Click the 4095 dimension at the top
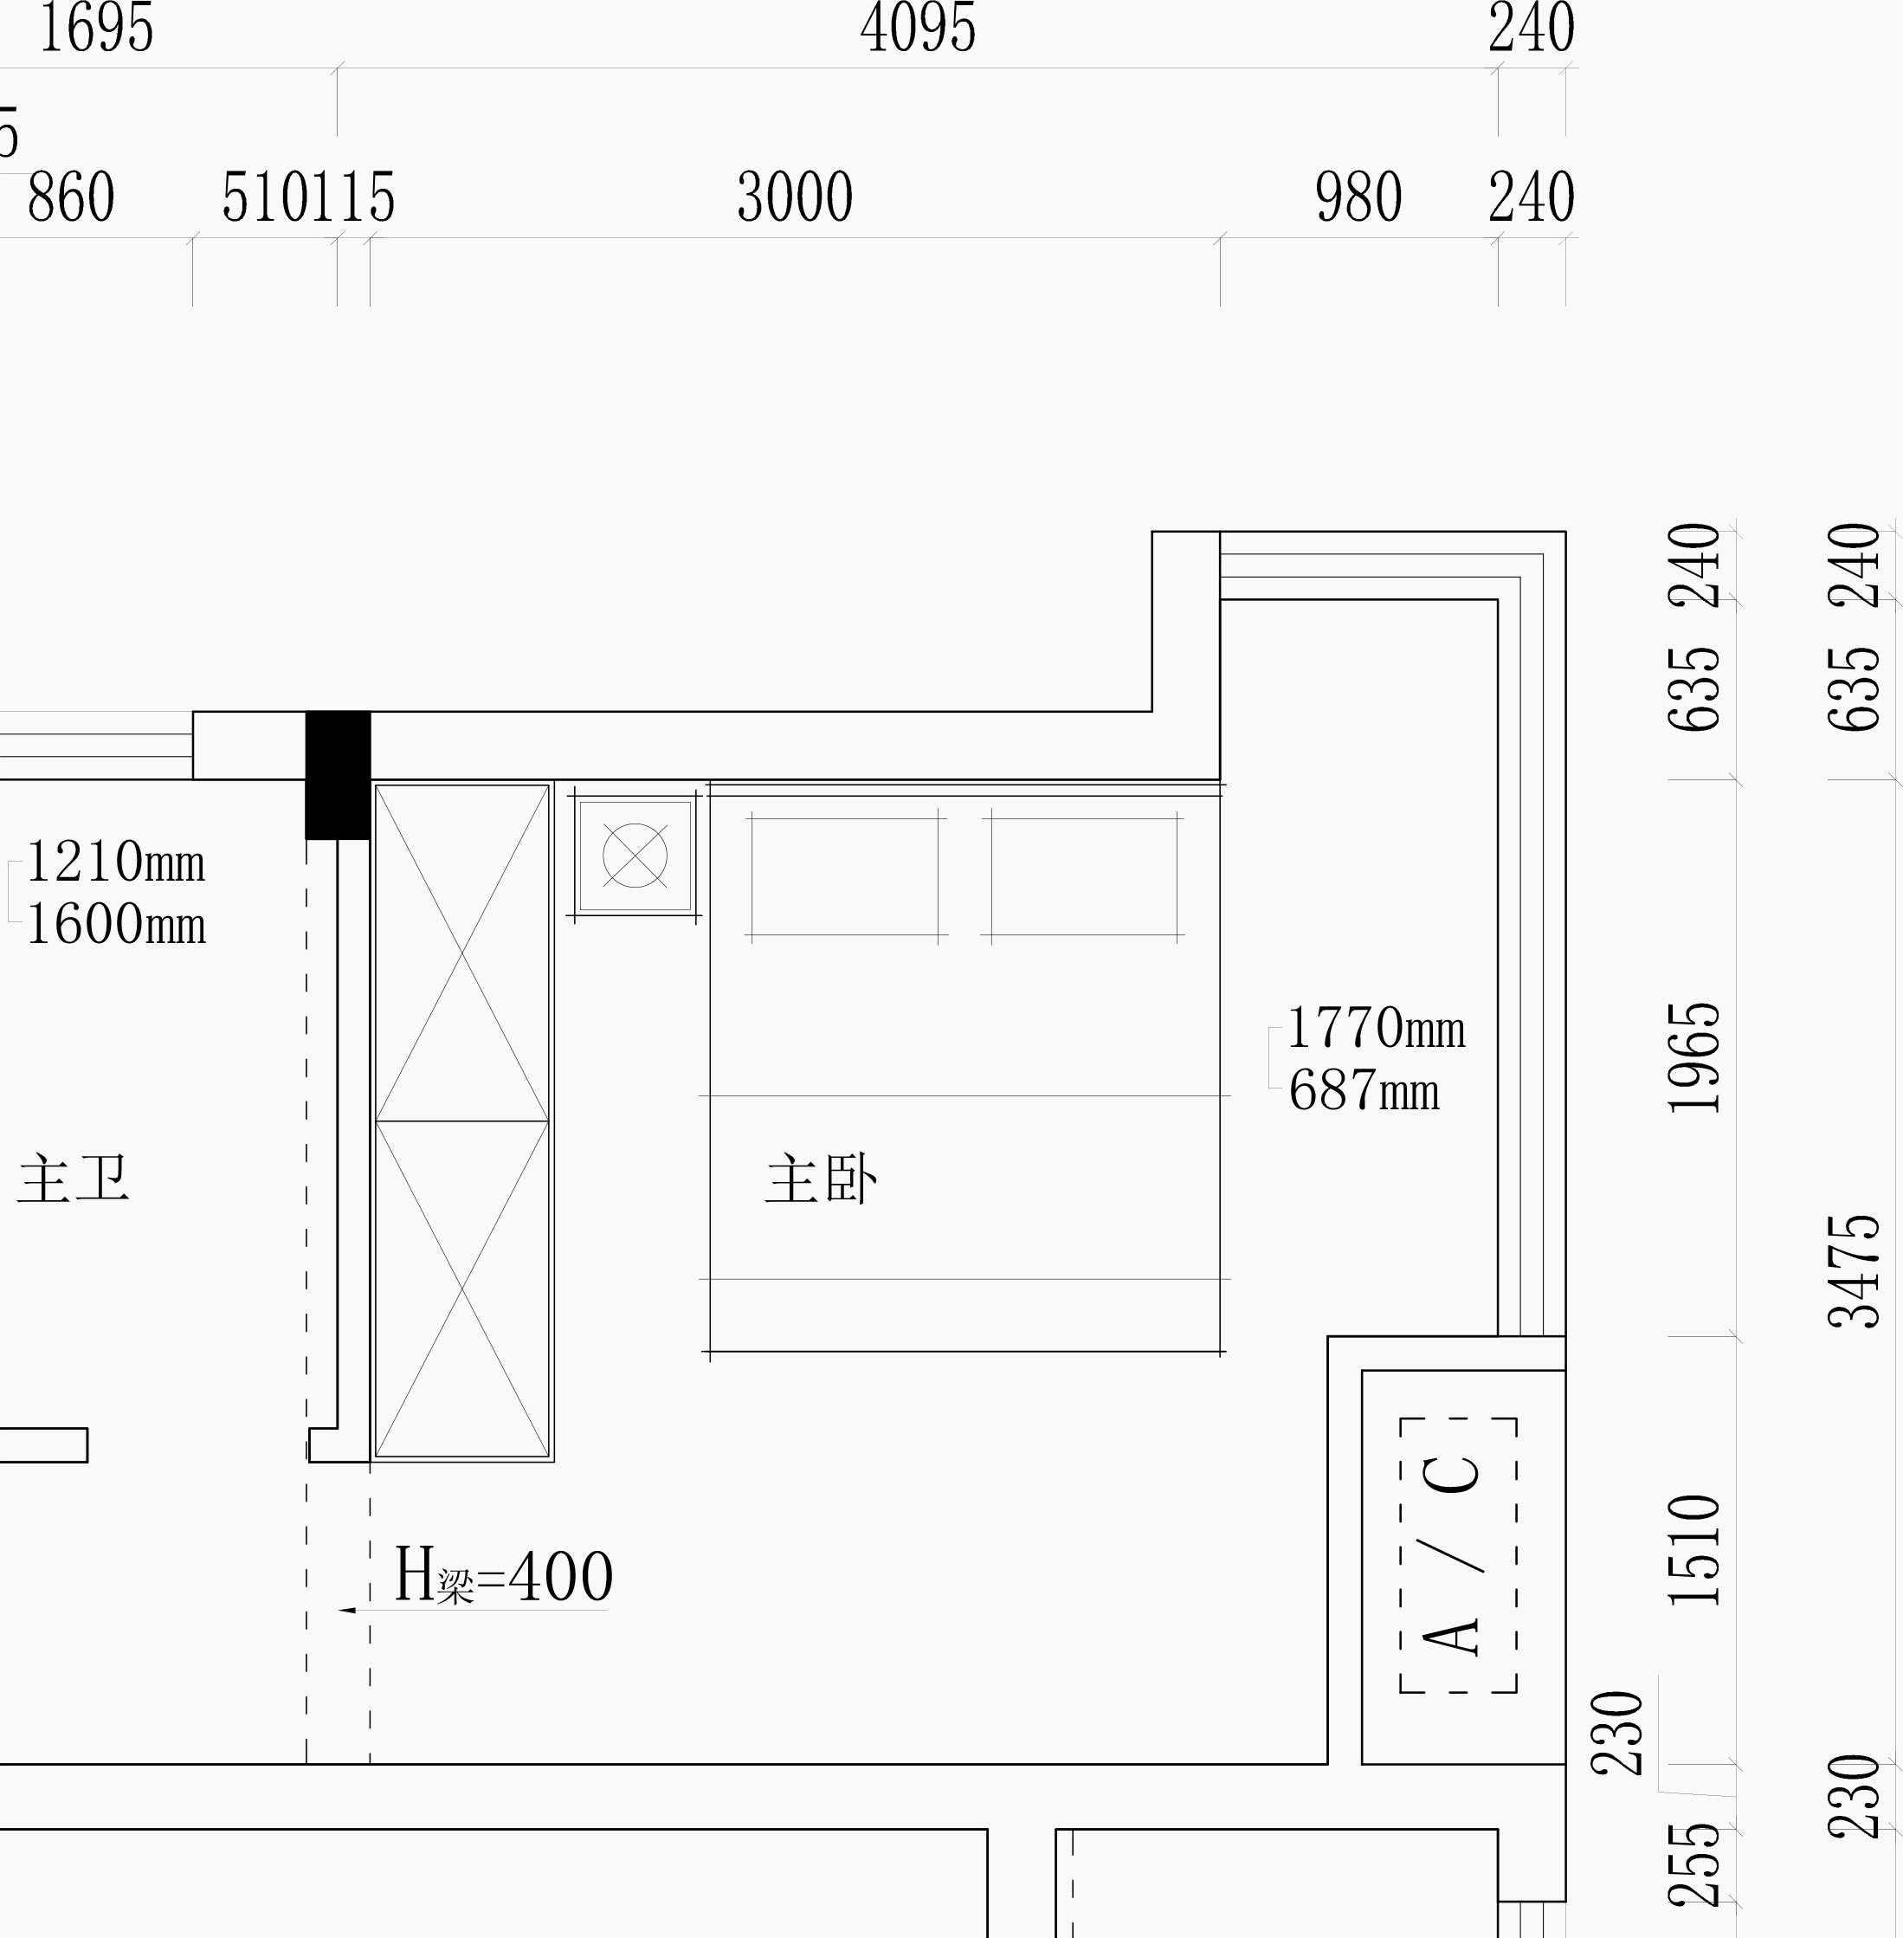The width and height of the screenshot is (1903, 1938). [x=918, y=28]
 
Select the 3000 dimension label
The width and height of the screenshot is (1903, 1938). [x=795, y=196]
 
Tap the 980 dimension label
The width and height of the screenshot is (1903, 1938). [x=1358, y=196]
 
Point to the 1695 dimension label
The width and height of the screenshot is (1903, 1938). [x=96, y=28]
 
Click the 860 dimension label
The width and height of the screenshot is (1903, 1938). [x=71, y=196]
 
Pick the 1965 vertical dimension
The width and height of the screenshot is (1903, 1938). [x=1694, y=1056]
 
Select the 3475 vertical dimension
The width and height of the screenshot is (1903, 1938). [x=1854, y=1270]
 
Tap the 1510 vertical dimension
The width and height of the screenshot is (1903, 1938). [x=1694, y=1549]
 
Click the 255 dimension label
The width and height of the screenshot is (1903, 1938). [x=1694, y=1878]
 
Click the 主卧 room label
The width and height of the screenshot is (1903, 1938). [x=822, y=1180]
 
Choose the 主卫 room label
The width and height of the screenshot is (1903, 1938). [x=73, y=1179]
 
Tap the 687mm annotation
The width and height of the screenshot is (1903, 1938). [x=1364, y=1090]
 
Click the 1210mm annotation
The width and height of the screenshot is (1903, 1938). [x=116, y=862]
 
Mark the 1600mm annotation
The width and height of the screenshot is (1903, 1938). [x=116, y=923]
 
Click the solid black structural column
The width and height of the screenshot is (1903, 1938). [x=338, y=775]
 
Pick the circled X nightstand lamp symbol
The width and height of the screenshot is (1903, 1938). [x=635, y=856]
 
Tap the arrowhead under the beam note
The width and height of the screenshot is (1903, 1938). [x=347, y=1610]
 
